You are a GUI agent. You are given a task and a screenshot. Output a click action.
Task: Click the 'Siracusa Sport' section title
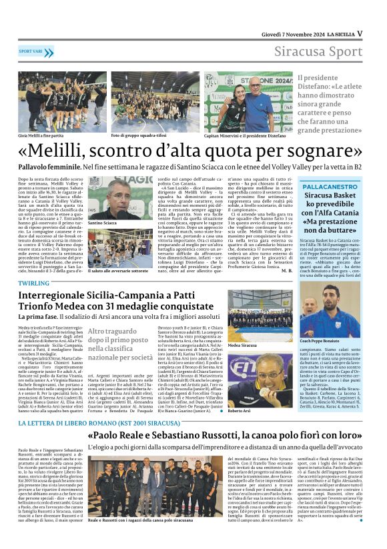coord(322,52)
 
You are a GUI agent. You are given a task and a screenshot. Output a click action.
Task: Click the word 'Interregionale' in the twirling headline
coord(59,295)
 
